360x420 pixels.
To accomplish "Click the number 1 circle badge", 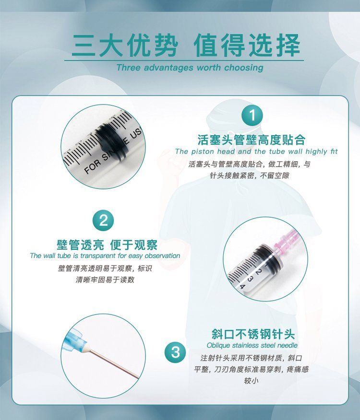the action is point(252,116).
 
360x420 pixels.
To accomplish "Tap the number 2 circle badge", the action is point(103,221).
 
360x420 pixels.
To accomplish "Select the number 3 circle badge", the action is point(175,352).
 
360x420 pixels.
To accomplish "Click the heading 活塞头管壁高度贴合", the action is point(252,140).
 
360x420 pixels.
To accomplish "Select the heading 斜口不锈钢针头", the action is point(253,334).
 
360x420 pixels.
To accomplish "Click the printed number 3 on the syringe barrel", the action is point(250,279).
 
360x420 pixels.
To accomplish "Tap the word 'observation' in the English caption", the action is point(163,256).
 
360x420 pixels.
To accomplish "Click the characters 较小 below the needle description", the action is point(252,381).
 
